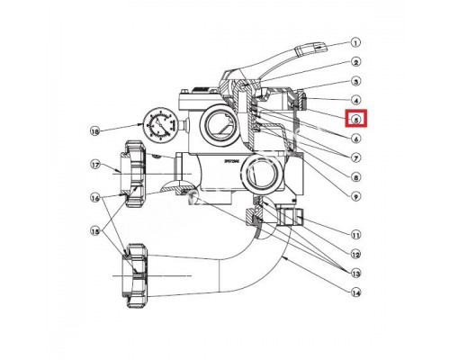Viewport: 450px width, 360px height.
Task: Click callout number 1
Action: pos(355,42)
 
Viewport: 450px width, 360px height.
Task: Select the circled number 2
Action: pos(355,62)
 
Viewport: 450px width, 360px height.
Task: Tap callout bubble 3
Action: pos(355,81)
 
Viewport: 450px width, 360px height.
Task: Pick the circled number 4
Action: pos(355,101)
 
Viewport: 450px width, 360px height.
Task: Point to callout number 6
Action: pos(355,139)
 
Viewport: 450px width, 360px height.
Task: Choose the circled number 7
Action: pos(355,158)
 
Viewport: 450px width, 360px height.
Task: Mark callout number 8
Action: pos(355,177)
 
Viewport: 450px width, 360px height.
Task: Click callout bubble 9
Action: pos(355,196)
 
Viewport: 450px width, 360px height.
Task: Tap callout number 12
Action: pos(355,253)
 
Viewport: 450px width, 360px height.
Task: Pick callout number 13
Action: pos(355,273)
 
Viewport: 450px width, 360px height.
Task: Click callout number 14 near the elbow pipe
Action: pos(355,292)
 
